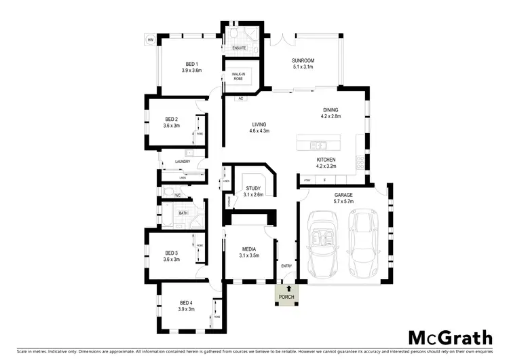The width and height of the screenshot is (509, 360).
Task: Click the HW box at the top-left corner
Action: [x=150, y=39]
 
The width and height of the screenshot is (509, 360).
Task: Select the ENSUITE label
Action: [x=240, y=48]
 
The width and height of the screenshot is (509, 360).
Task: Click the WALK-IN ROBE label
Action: [x=238, y=77]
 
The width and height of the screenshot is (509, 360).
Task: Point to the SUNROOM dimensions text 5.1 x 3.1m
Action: [x=303, y=67]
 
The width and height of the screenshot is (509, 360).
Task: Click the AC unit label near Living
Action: [x=240, y=98]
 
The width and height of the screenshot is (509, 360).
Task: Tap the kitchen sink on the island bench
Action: [x=317, y=144]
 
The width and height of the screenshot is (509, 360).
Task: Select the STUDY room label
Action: [x=253, y=187]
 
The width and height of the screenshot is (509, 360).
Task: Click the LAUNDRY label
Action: [x=182, y=162]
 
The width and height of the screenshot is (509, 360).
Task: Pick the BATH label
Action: [x=183, y=213]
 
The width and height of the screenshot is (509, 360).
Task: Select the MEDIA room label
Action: [x=248, y=249]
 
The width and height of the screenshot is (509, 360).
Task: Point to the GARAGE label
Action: [x=343, y=194]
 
